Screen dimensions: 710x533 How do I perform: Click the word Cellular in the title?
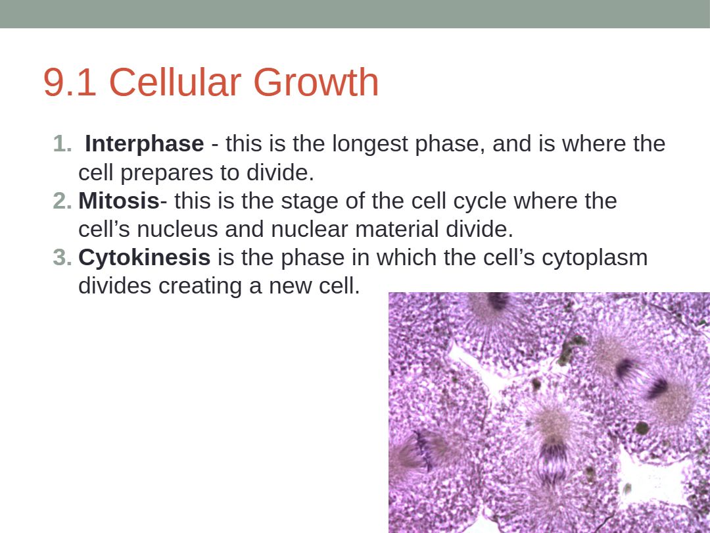tap(175, 82)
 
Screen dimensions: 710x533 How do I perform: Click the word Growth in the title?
tap(316, 82)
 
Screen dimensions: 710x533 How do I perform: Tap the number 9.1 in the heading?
tap(70, 82)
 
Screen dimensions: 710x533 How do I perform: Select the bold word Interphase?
tap(145, 144)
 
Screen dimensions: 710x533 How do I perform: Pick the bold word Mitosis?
tap(119, 201)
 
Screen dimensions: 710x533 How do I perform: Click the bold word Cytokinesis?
tap(145, 258)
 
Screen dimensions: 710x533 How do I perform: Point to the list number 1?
tap(62, 144)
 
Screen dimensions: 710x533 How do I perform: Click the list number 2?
tap(62, 201)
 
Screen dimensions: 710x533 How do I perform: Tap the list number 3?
tap(62, 258)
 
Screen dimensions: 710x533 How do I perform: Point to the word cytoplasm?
tap(594, 258)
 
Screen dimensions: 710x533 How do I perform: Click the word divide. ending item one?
tap(280, 172)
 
